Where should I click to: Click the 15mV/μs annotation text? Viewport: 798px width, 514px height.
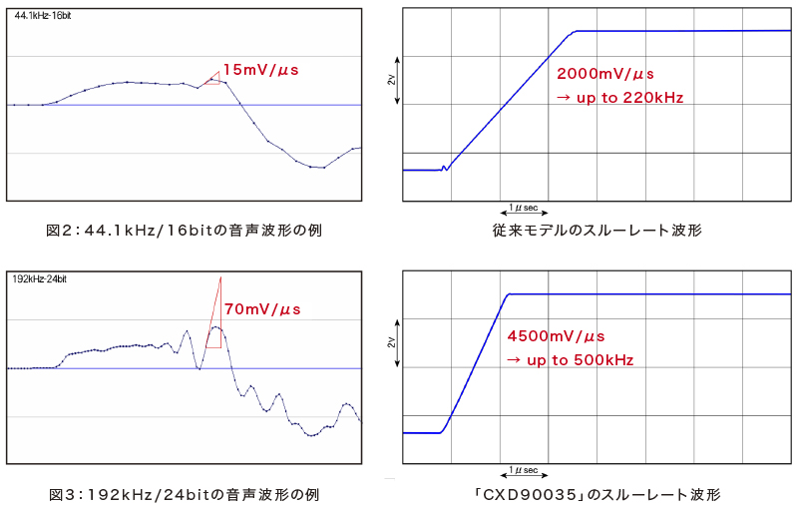point(260,70)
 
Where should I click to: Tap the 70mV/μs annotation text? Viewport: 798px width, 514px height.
point(261,309)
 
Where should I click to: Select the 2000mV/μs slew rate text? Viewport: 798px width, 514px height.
point(604,74)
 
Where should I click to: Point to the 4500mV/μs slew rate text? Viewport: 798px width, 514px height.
point(556,336)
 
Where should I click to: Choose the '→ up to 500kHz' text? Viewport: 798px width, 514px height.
point(571,359)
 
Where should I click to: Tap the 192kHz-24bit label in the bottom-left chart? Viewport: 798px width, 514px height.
point(40,278)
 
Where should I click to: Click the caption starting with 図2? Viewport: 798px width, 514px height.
point(184,231)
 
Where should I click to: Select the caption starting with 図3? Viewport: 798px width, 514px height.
point(185,494)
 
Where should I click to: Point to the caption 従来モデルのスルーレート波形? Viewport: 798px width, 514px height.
point(597,231)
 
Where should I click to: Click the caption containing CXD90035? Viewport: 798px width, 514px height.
point(597,494)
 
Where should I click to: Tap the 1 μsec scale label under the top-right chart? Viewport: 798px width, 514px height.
point(523,208)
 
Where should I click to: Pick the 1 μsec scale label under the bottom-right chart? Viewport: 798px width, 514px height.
point(523,469)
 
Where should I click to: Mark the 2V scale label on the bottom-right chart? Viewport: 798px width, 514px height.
point(390,342)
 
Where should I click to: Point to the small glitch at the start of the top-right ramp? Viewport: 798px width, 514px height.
point(445,169)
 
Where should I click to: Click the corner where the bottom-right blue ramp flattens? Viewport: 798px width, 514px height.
point(509,294)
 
